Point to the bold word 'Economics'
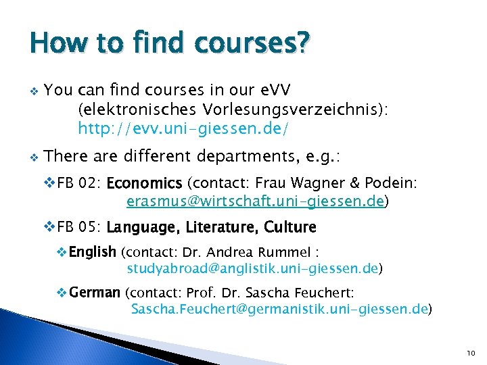[144, 183]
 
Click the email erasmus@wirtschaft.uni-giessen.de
[255, 201]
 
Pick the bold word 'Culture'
[290, 226]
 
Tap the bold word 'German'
[94, 293]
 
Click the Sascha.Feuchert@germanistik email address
[279, 310]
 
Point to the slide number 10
[471, 353]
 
